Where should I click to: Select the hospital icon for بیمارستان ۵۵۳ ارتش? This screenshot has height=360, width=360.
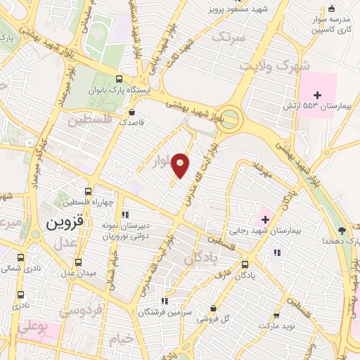click(316, 95)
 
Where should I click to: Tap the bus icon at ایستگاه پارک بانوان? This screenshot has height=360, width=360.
click(120, 79)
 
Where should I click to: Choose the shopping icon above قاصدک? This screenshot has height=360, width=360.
click(131, 111)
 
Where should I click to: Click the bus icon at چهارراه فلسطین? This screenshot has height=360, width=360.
click(88, 191)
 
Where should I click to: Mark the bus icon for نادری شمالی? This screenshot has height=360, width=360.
click(20, 257)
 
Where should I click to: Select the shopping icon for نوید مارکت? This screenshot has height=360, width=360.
click(275, 316)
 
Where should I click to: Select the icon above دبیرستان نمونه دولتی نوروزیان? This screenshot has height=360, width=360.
click(125, 214)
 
